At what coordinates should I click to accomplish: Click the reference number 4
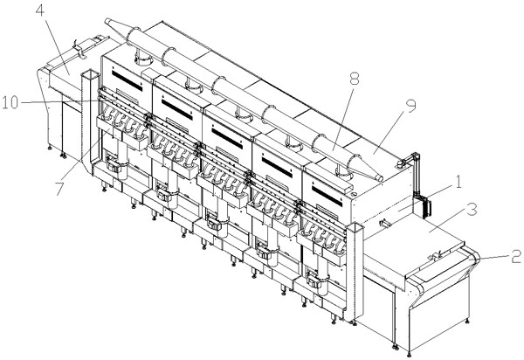(40, 10)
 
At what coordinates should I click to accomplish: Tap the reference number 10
(10, 102)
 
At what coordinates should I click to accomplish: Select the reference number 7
(59, 189)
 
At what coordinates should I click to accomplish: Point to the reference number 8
(354, 80)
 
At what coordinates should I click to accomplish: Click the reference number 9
(410, 106)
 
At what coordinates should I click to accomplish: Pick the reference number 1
(458, 183)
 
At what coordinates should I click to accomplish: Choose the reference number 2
(516, 256)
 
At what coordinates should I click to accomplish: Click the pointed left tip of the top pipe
(107, 20)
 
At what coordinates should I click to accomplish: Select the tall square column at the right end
(355, 272)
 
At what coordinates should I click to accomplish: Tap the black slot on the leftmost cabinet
(127, 80)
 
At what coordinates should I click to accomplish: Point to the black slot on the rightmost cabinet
(327, 197)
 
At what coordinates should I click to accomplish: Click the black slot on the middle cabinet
(227, 138)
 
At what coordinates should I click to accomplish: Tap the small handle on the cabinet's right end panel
(384, 222)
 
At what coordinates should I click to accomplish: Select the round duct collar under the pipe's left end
(143, 59)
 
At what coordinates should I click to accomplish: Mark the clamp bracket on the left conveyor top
(79, 50)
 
